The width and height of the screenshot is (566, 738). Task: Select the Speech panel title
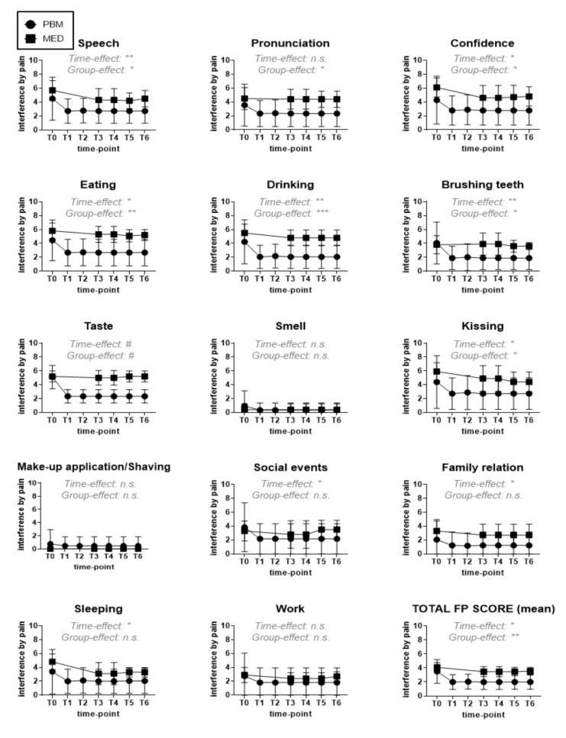coord(99,44)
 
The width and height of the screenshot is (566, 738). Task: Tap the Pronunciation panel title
coord(290,44)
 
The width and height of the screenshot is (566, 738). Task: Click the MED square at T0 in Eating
coord(52,230)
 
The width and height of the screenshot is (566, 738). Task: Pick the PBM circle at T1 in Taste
coord(68,396)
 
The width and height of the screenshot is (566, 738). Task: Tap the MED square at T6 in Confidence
coord(529,97)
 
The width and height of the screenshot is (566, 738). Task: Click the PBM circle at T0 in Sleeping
coord(52,671)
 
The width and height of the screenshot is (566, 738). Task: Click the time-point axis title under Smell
coord(290,430)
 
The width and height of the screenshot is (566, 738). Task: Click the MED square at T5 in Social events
coord(322,530)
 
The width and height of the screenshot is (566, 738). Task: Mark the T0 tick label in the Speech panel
coord(52,137)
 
